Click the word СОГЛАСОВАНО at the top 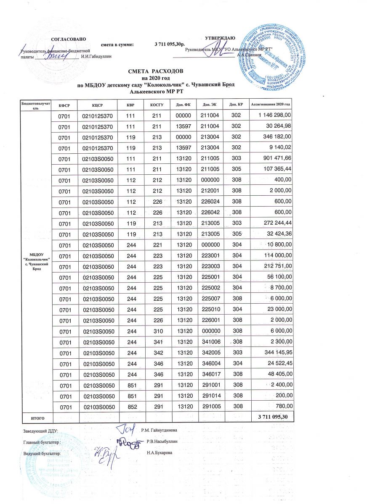[68, 39]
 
